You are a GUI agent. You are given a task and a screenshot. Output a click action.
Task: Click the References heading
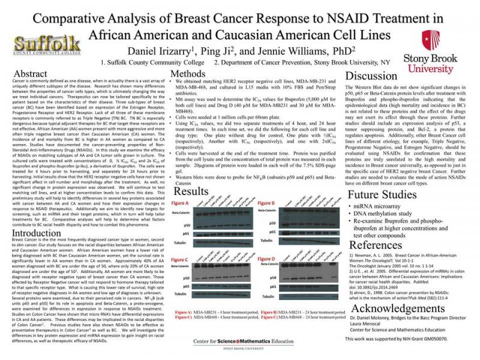tap(376, 245)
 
